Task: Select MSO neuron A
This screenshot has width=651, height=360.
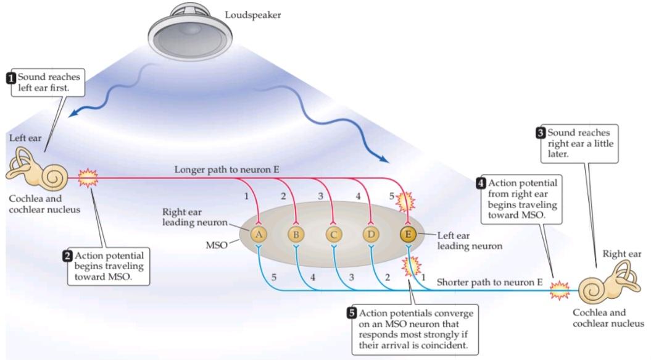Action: click(259, 234)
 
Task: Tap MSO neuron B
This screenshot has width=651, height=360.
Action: click(296, 234)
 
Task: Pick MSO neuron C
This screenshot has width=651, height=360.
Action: click(334, 234)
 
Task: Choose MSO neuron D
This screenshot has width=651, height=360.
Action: click(371, 234)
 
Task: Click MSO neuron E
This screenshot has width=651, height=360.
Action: click(408, 234)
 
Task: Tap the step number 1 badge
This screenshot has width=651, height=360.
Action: click(10, 78)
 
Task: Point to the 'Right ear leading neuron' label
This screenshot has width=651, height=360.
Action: click(191, 217)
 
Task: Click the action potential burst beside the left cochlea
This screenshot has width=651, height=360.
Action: click(89, 179)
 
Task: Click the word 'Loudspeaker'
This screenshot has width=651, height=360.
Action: click(252, 14)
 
